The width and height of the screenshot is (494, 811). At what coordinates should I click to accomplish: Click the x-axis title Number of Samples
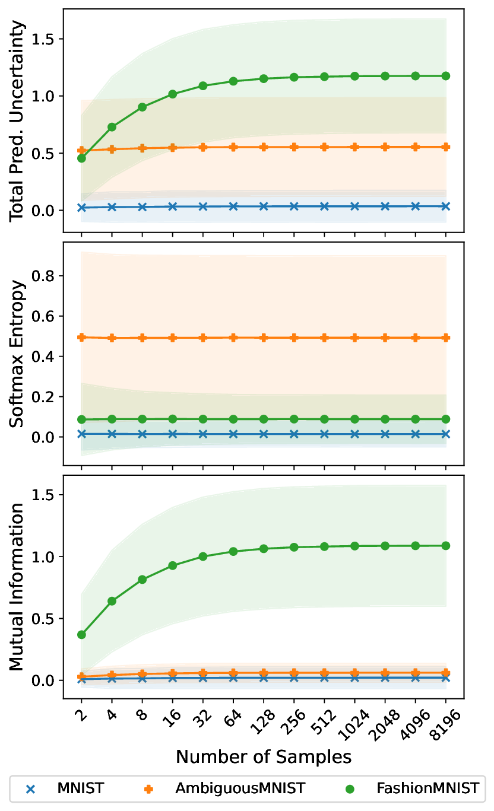coord(263,756)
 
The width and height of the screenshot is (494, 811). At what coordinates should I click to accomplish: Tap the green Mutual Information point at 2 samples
coord(82,634)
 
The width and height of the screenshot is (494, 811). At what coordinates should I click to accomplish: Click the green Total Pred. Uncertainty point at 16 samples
coord(173,94)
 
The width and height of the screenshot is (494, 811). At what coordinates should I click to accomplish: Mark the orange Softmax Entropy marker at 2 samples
coord(82,337)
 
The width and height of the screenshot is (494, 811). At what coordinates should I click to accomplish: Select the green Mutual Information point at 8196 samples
coord(445,545)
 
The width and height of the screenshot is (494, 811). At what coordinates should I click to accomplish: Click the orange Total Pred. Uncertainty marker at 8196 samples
coord(445,147)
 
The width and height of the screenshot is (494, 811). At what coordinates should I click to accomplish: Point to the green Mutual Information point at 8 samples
coord(142,579)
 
